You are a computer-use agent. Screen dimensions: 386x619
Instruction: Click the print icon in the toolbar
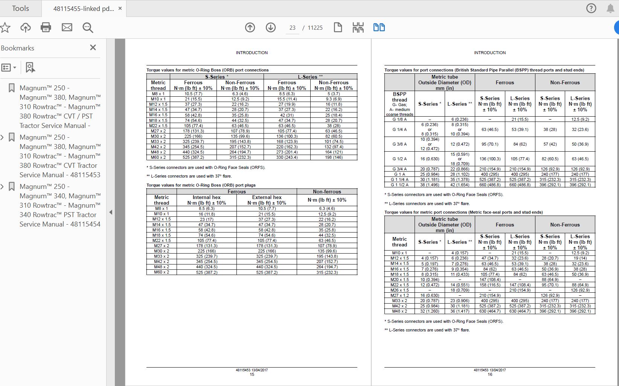pyautogui.click(x=46, y=27)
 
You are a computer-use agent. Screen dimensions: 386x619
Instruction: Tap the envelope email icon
pyautogui.click(x=67, y=27)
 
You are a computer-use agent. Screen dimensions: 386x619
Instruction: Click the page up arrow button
pyautogui.click(x=250, y=27)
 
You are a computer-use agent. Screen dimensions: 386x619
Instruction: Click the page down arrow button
pyautogui.click(x=271, y=27)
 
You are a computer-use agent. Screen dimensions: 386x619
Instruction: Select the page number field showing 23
pyautogui.click(x=293, y=28)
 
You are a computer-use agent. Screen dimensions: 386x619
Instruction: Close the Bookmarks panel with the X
pyautogui.click(x=93, y=47)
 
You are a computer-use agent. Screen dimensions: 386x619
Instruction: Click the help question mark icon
pyautogui.click(x=591, y=8)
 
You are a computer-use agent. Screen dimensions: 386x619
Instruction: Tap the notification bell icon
pyautogui.click(x=610, y=8)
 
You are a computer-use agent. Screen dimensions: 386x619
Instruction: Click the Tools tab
pyautogui.click(x=20, y=8)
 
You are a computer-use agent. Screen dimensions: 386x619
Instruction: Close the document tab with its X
pyautogui.click(x=120, y=8)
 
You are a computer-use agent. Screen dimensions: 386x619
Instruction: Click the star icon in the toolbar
pyautogui.click(x=5, y=27)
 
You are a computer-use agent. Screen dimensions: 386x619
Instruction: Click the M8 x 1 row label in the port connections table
pyautogui.click(x=158, y=94)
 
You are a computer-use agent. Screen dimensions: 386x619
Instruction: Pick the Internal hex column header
pyautogui.click(x=206, y=197)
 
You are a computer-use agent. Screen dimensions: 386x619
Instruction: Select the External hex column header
pyautogui.click(x=267, y=197)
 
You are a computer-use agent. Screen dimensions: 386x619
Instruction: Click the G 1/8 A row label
pyautogui.click(x=399, y=119)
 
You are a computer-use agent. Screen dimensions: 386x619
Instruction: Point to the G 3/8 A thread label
pyautogui.click(x=399, y=144)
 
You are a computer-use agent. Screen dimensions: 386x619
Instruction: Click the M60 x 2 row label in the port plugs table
pyautogui.click(x=162, y=272)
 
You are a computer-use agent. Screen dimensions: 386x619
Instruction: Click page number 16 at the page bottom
pyautogui.click(x=490, y=374)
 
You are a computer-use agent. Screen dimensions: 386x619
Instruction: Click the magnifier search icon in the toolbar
pyautogui.click(x=88, y=27)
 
